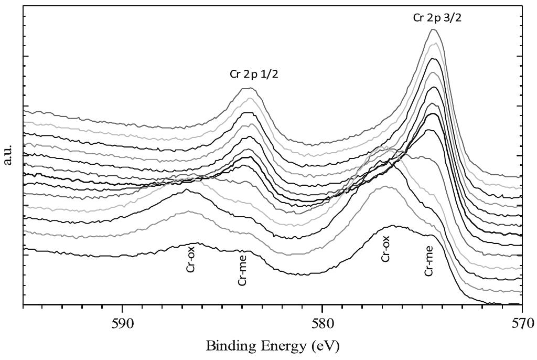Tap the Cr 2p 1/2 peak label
pyautogui.click(x=254, y=74)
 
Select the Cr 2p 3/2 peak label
pyautogui.click(x=437, y=18)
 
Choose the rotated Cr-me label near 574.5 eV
pyautogui.click(x=429, y=261)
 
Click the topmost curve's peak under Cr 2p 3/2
pyautogui.click(x=433, y=29)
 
